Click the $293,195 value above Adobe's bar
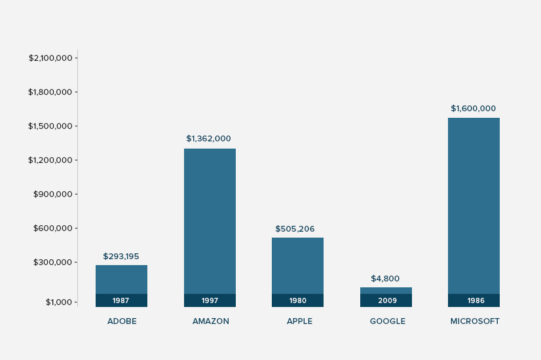(121, 257)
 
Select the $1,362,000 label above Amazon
(208, 139)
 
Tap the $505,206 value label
(295, 229)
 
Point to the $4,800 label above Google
(385, 279)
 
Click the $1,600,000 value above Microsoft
(473, 109)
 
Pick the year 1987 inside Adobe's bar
(121, 301)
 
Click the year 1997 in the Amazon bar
(210, 301)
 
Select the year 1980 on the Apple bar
(297, 301)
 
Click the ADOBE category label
(122, 321)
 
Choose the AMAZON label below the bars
(211, 321)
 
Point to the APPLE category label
(299, 321)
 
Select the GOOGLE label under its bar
(388, 321)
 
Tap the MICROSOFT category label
(475, 321)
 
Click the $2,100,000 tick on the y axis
(50, 58)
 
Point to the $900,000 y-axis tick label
(52, 194)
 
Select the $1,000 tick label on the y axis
(58, 302)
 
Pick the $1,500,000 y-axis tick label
(50, 126)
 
